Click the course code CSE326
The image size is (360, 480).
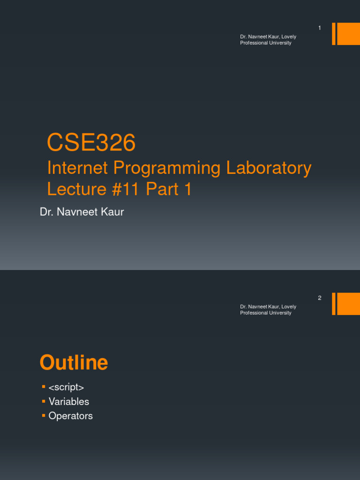tap(91, 143)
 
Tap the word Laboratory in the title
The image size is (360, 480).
tap(269, 168)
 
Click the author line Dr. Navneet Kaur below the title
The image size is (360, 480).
tap(82, 212)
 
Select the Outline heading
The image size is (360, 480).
tap(74, 363)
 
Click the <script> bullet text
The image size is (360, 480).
tap(66, 387)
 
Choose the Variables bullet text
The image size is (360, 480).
tap(69, 402)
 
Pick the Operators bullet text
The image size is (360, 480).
tap(71, 416)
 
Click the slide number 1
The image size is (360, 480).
tap(320, 28)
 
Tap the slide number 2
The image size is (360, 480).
tap(320, 298)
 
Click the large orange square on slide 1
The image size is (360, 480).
tap(348, 34)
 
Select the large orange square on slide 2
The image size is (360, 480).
tap(348, 304)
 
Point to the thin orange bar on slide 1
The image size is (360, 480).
tap(334, 34)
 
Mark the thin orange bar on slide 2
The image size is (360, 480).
tap(334, 304)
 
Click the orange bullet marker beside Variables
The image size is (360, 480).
tap(44, 401)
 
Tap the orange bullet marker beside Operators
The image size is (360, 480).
tap(44, 416)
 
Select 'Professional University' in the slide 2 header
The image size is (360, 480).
tap(266, 313)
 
